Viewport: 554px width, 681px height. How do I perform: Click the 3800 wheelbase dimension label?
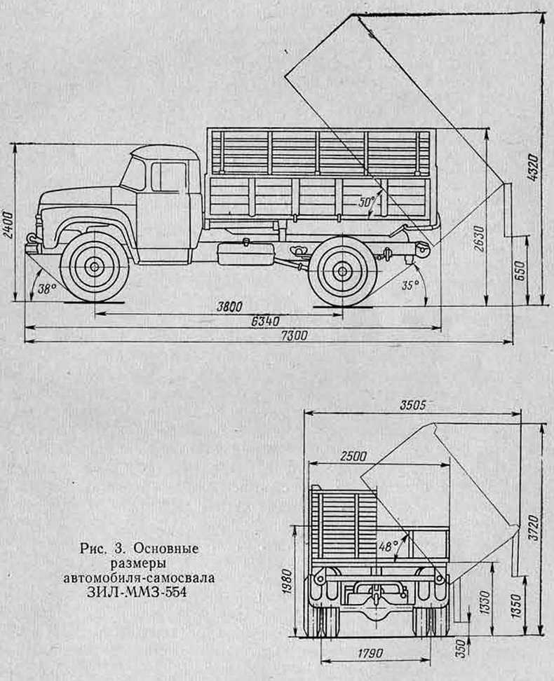(x=229, y=307)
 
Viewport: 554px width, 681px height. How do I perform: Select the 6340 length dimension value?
(x=266, y=321)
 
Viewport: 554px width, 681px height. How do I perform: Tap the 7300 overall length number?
(x=293, y=336)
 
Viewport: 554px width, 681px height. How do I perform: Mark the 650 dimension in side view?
(x=521, y=270)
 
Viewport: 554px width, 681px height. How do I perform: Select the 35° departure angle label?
(x=410, y=285)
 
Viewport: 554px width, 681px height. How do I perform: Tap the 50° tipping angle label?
(x=368, y=202)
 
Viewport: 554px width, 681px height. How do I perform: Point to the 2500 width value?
(x=353, y=457)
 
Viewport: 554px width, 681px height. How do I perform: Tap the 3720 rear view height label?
(x=534, y=527)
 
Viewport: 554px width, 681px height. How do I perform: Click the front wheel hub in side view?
(x=95, y=266)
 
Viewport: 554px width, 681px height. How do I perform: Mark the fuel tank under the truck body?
(x=245, y=252)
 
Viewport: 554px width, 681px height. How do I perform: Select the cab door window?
(x=170, y=177)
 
